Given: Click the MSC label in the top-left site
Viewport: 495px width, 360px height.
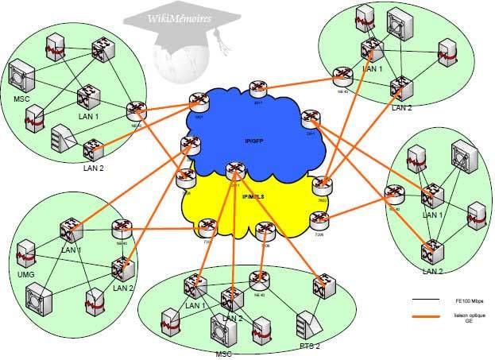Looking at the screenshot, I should click(22, 99).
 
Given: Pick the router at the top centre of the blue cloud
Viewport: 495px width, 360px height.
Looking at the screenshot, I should click(257, 87).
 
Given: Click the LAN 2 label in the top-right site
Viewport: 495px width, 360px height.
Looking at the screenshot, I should click(401, 107).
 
